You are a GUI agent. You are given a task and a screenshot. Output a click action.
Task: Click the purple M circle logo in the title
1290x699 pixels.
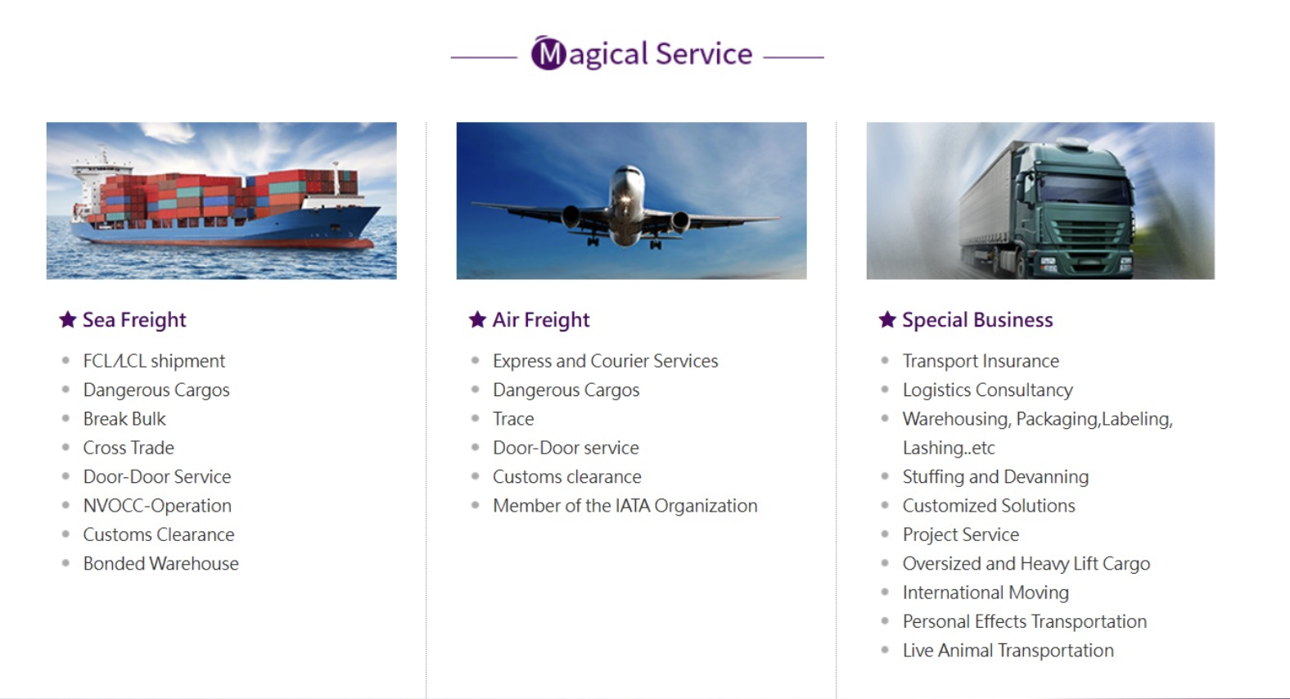548,53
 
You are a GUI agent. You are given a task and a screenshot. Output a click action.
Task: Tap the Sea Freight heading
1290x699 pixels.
134,319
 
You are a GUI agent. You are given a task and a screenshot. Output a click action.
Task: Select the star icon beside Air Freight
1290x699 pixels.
477,319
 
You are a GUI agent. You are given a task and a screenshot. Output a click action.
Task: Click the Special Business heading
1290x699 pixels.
977,319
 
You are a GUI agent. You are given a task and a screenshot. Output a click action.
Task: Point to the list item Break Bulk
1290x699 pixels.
124,418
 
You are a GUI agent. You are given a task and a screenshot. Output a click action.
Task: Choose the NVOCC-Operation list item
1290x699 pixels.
157,506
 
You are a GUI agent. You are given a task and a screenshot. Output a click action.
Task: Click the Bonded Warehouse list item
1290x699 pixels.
160,563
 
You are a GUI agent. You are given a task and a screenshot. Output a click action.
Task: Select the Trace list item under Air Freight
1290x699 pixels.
513,418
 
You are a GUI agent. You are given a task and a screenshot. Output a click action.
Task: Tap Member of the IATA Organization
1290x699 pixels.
625,506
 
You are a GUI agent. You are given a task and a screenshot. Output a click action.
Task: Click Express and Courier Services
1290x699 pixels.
605,361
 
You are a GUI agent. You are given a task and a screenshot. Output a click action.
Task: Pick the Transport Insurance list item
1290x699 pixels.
981,361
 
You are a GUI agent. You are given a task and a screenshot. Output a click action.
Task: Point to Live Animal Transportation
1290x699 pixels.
1008,650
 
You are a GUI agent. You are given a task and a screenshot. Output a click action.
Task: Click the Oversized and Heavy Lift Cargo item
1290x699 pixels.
1026,563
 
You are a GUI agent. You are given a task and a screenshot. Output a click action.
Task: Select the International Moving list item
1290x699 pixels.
986,593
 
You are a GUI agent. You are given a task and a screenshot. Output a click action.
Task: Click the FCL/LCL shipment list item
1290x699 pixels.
154,361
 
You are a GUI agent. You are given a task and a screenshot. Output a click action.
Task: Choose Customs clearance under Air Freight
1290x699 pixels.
566,476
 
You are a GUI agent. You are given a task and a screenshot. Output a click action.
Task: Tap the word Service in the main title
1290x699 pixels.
704,53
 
